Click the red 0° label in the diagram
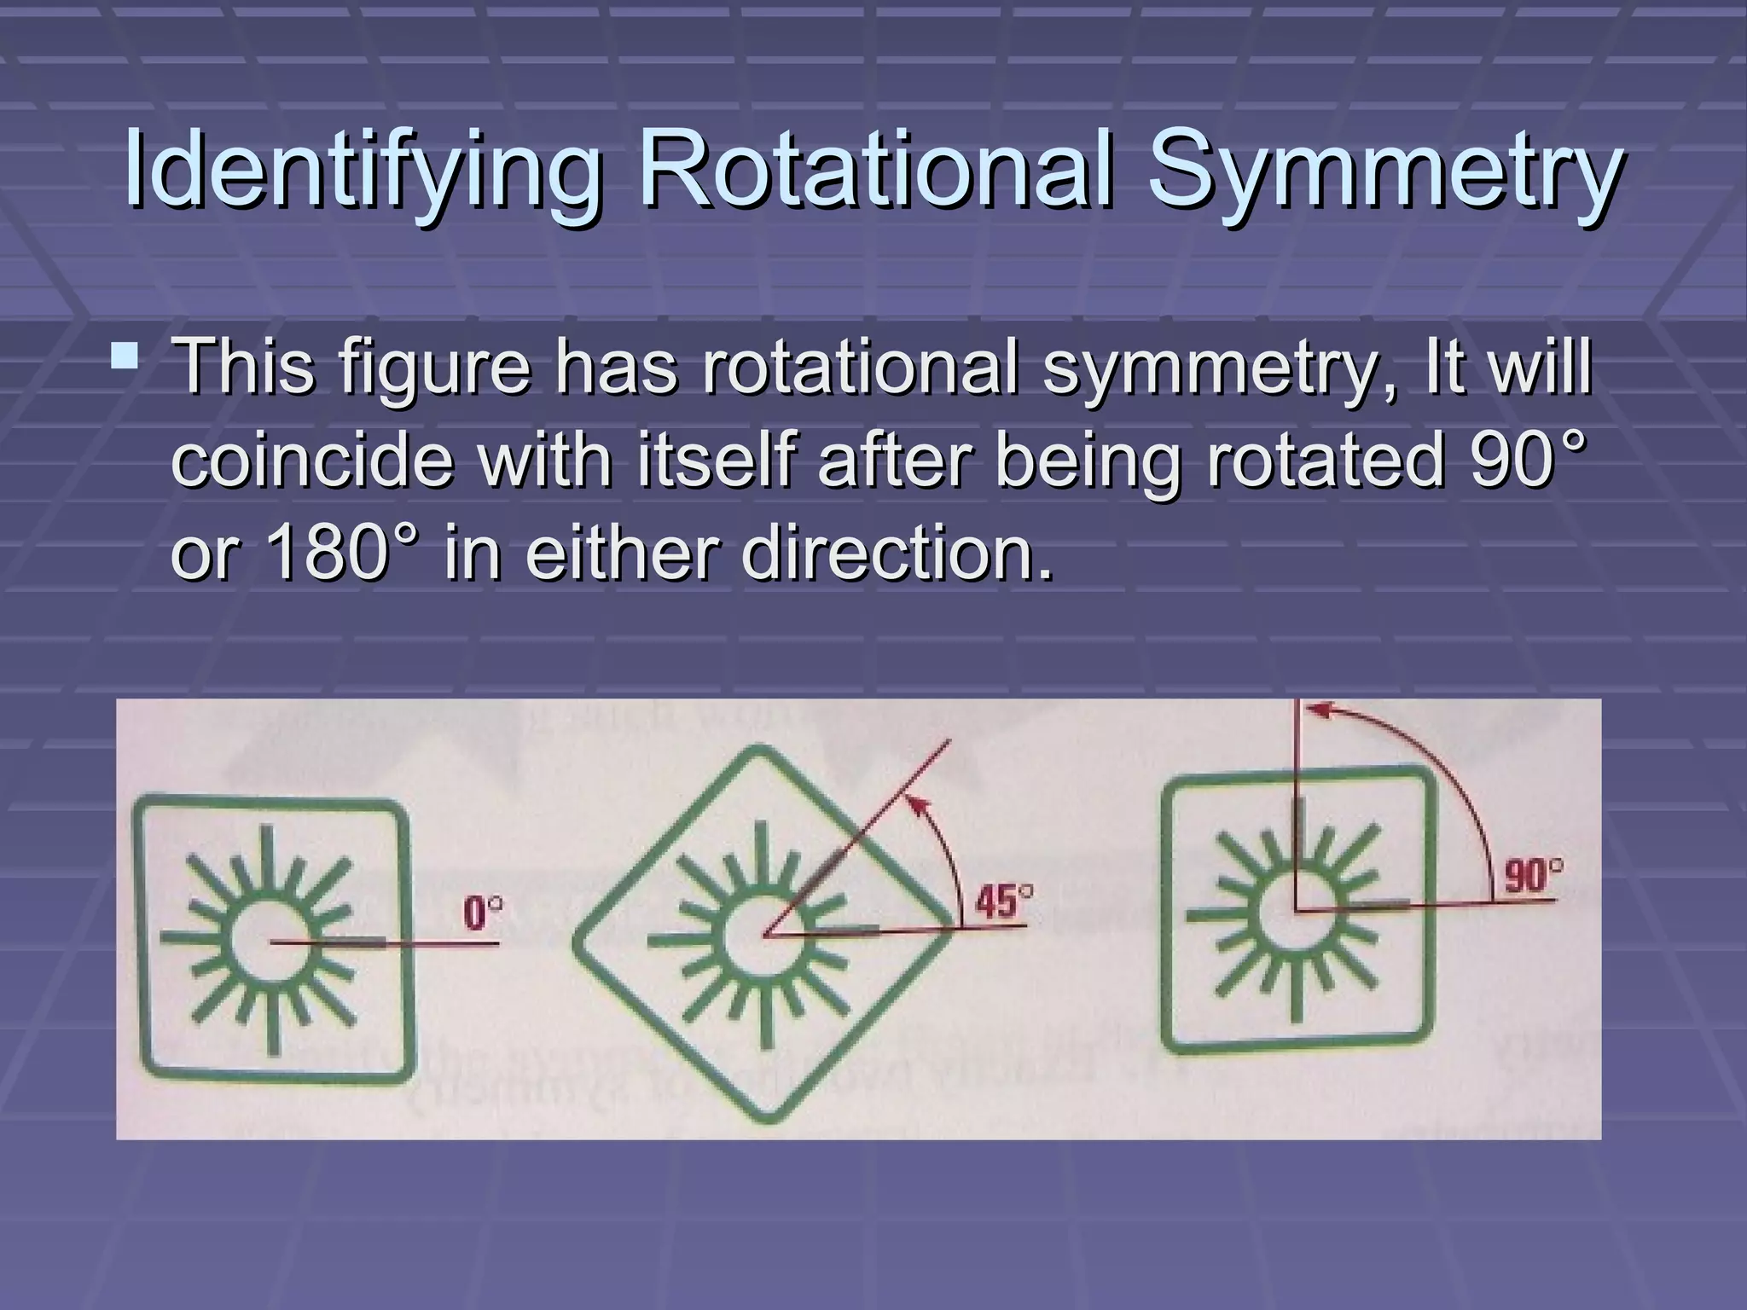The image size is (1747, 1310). (x=482, y=914)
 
